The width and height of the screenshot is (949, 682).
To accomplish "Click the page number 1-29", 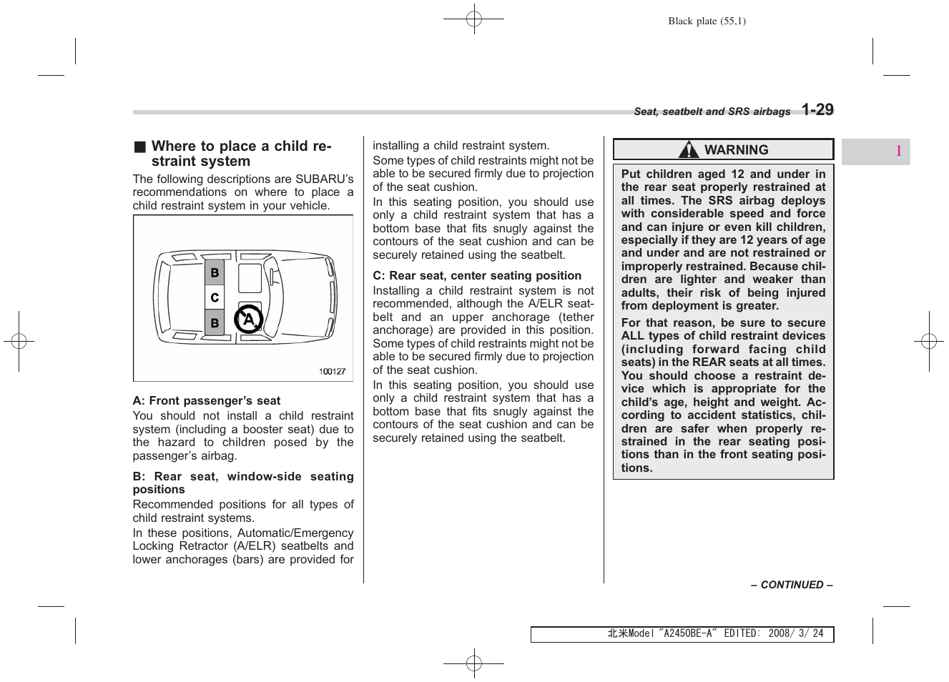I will coord(817,110).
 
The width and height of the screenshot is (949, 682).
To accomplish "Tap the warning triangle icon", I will coord(688,150).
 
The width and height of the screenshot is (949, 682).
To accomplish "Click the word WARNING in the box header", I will coord(736,150).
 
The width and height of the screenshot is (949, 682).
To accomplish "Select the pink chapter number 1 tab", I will coord(898,152).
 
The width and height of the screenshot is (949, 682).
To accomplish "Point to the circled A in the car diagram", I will coord(248,320).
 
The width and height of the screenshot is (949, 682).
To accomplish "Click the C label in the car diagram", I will coord(215,297).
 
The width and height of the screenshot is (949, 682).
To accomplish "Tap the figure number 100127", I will coord(332,372).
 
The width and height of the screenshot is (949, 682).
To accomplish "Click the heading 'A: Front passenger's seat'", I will coord(206,401).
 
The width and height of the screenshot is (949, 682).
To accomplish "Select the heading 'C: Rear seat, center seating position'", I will coord(477,276).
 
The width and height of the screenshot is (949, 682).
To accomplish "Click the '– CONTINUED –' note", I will coord(791,585).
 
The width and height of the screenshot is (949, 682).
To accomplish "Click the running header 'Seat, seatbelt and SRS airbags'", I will coord(712,112).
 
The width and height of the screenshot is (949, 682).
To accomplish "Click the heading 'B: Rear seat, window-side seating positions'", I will coord(242,483).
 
